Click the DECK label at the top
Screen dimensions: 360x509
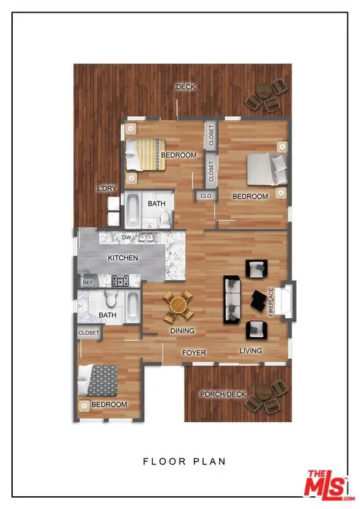(186, 87)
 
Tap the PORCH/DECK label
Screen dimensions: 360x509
(223, 394)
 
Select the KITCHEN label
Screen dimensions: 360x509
(123, 258)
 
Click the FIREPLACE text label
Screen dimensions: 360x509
(271, 303)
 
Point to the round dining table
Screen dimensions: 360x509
(178, 305)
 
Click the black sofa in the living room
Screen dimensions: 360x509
(232, 300)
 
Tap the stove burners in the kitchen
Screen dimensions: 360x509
(120, 281)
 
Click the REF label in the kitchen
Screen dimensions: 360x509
(88, 283)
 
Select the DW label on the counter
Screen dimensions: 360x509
(127, 238)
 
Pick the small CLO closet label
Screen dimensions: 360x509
(206, 196)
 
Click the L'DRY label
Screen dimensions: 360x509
(107, 188)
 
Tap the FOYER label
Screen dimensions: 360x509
(194, 353)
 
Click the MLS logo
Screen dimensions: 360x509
(328, 486)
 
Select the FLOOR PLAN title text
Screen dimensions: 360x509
(184, 461)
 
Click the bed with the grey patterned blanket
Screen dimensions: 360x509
(98, 380)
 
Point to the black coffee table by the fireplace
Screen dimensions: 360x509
(259, 300)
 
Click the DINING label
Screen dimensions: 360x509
(182, 331)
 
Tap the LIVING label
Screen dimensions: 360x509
(250, 351)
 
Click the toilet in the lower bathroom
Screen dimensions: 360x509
(110, 298)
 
